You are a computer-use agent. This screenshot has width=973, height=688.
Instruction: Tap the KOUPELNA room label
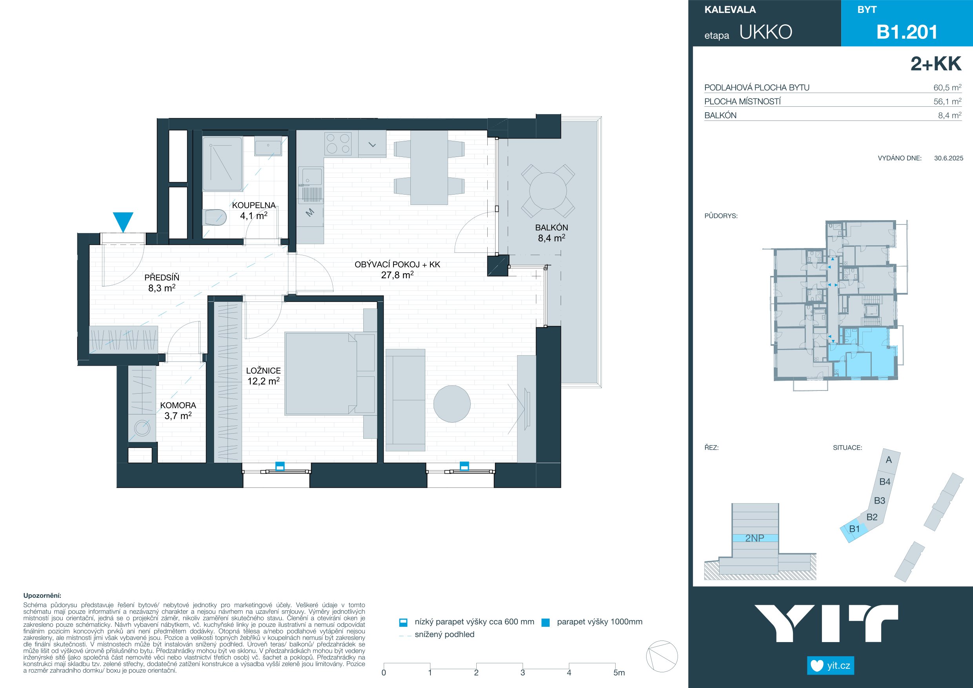point(254,205)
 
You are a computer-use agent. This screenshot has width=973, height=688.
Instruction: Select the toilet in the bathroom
point(216,217)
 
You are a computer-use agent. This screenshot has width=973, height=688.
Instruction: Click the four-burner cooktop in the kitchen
point(338,143)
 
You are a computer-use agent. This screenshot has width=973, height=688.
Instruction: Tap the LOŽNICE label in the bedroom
point(263,370)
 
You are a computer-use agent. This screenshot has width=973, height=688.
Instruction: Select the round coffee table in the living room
point(452,403)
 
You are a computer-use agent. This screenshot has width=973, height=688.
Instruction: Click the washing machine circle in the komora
point(142,428)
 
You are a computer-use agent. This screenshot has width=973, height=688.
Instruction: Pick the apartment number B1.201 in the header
point(907,32)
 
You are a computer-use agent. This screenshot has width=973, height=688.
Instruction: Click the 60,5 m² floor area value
point(947,88)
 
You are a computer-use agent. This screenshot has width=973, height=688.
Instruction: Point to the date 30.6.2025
point(948,158)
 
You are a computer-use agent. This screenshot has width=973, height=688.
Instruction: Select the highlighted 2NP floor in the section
point(755,538)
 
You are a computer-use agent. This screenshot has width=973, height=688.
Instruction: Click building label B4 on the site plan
point(885,482)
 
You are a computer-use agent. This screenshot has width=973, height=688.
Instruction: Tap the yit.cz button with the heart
point(830,666)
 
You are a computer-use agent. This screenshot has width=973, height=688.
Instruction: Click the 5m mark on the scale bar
point(619,673)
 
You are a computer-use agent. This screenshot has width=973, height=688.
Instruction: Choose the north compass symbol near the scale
point(661,656)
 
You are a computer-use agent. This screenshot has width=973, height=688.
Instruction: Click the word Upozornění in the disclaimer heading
point(42,596)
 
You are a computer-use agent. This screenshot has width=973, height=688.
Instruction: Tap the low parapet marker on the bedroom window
point(279,466)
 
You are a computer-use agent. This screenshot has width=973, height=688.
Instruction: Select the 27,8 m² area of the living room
point(397,275)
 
